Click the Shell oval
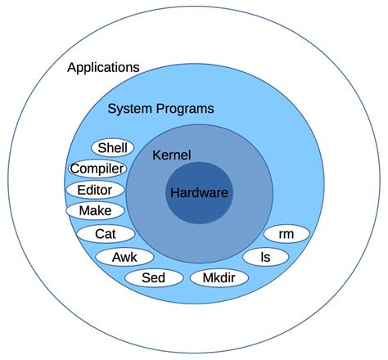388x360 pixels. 112,148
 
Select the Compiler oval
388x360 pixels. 97,169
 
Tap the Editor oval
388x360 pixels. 95,190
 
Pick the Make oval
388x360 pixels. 95,211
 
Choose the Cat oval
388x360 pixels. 106,234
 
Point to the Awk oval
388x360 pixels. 124,257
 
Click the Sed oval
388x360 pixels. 153,278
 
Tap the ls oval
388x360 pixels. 265,257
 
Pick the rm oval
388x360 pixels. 286,234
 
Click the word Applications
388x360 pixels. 103,67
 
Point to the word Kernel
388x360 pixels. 171,155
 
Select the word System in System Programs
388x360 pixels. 131,108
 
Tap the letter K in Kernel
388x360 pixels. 157,155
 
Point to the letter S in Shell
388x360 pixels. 102,148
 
